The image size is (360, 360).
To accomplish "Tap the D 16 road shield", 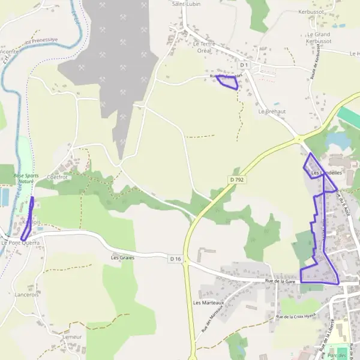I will click(x=175, y=259).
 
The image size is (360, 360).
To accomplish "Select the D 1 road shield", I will click(x=244, y=64).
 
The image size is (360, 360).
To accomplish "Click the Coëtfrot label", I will click(x=58, y=177).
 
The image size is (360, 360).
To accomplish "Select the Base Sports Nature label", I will click(x=25, y=178).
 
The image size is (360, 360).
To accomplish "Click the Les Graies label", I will click(x=122, y=257).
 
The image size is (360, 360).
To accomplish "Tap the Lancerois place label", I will click(x=27, y=295).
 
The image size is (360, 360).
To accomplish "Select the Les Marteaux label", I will click(x=208, y=303).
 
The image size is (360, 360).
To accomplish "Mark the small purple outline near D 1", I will click(x=227, y=82).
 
